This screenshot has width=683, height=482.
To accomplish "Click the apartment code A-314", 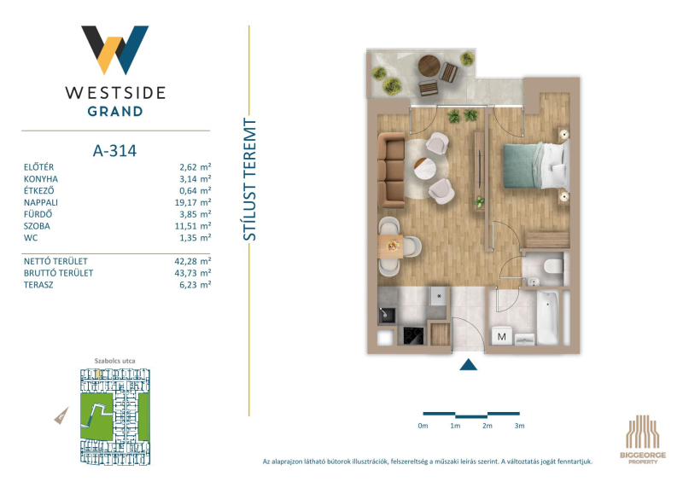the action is (114, 151).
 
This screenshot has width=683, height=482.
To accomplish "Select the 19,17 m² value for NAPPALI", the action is (196, 202).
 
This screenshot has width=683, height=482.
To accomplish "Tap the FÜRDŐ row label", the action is (38, 214).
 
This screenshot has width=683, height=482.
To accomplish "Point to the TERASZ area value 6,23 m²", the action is (196, 285).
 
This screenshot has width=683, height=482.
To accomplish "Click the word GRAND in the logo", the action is (115, 112).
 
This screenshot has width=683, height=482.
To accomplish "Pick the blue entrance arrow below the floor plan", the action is (468, 364).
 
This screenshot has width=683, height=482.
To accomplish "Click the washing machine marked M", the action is (502, 336).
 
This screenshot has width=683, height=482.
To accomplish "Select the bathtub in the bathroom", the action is (547, 317).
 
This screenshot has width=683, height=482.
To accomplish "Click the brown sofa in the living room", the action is (392, 171).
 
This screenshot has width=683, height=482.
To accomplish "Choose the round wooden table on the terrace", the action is (429, 66).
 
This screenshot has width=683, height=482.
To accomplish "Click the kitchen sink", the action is (387, 315).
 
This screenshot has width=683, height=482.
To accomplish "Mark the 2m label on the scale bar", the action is (487, 426).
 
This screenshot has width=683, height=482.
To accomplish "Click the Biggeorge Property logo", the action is (643, 439).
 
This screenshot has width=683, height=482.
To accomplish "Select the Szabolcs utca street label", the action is (115, 361).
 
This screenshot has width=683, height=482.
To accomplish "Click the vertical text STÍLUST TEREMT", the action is (249, 179).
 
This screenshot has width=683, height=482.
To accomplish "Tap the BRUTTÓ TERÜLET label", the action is (58, 273).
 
